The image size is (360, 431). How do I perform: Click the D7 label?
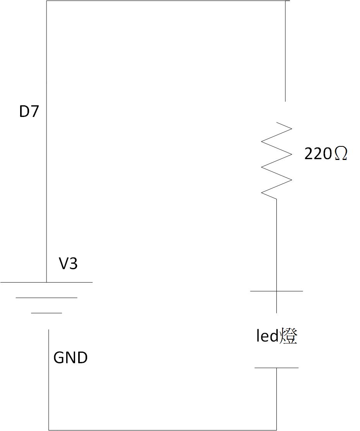click(x=29, y=112)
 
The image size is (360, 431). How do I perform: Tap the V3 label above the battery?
click(x=68, y=264)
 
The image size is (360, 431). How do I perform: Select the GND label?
click(x=70, y=357)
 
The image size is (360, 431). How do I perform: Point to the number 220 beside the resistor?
click(x=318, y=154)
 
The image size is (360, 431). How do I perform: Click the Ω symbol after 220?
click(x=340, y=154)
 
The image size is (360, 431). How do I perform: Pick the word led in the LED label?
click(x=267, y=336)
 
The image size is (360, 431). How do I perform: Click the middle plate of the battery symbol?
click(x=46, y=298)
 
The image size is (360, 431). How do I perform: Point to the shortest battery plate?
click(x=46, y=313)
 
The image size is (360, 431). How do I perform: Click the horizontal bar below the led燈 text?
click(x=276, y=367)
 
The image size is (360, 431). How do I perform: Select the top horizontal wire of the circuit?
click(x=166, y=1)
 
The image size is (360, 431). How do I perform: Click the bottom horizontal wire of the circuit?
click(x=163, y=430)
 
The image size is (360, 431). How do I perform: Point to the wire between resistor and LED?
click(x=276, y=244)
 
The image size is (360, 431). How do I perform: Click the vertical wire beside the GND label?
click(x=49, y=379)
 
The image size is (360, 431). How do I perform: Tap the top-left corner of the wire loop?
click(x=46, y=1)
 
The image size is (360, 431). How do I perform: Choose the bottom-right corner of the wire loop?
click(x=276, y=430)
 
